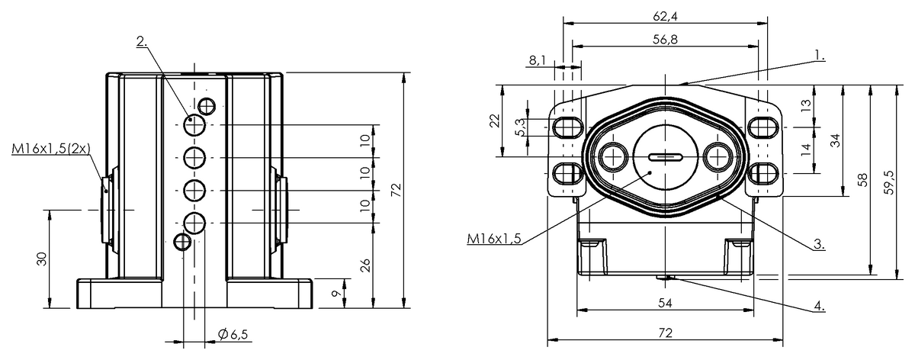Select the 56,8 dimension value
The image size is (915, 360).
(666, 40)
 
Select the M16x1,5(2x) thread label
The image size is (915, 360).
(50, 149)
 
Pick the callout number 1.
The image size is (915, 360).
(820, 55)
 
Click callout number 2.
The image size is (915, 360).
(141, 41)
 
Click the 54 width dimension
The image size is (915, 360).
(666, 303)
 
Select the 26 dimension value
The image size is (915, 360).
(365, 265)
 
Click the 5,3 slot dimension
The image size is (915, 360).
(520, 127)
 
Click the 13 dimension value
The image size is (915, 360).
(807, 105)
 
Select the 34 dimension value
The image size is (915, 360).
(835, 140)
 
